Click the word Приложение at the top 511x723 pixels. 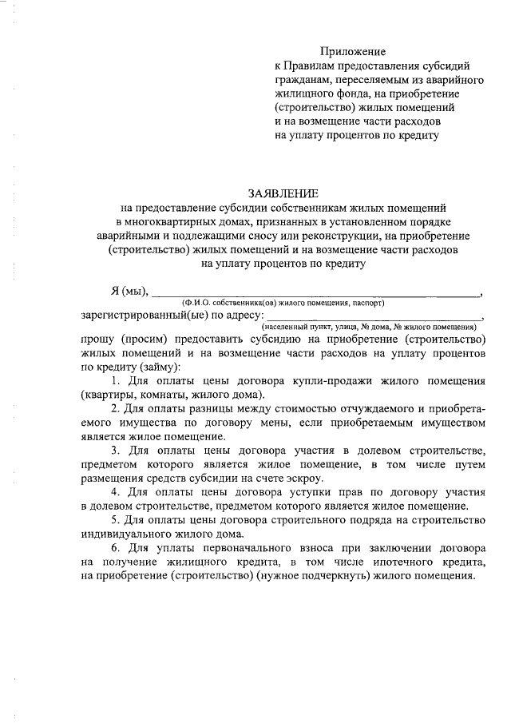pos(352,52)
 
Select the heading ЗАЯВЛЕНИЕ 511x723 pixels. pos(283,193)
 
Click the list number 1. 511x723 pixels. pos(116,379)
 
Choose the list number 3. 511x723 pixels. pos(116,451)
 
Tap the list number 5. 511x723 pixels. pos(116,521)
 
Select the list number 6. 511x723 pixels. pos(116,550)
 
